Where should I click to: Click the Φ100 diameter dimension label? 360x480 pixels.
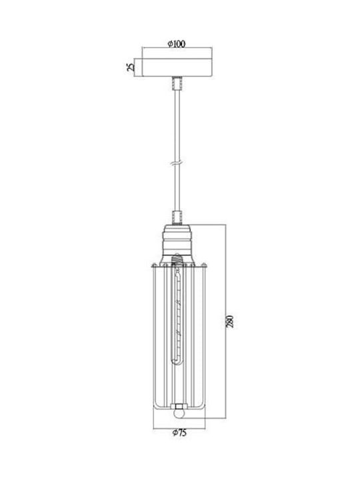(x=177, y=44)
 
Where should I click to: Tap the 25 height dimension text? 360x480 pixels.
(x=131, y=67)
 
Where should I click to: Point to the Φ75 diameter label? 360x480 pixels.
(x=179, y=433)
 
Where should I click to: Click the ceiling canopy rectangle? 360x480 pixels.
(x=177, y=67)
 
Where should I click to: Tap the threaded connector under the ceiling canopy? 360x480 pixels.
(x=177, y=83)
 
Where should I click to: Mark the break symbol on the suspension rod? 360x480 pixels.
(x=177, y=163)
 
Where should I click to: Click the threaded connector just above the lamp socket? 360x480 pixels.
(x=177, y=218)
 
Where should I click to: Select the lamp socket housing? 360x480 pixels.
(x=177, y=245)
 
